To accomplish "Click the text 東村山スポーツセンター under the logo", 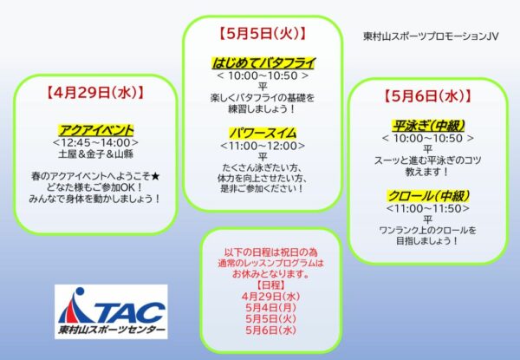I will click(108, 332).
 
